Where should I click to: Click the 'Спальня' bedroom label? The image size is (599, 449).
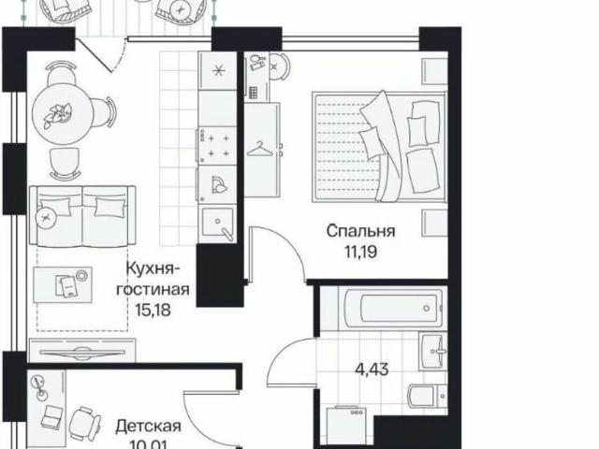360,230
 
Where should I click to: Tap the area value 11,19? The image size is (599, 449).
360,250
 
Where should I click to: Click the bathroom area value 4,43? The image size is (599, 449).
371,369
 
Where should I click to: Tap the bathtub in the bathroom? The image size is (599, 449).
379,307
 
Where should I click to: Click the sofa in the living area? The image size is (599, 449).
84,212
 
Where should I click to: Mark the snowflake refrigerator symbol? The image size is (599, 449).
218,71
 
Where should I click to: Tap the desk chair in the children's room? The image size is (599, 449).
84,424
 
